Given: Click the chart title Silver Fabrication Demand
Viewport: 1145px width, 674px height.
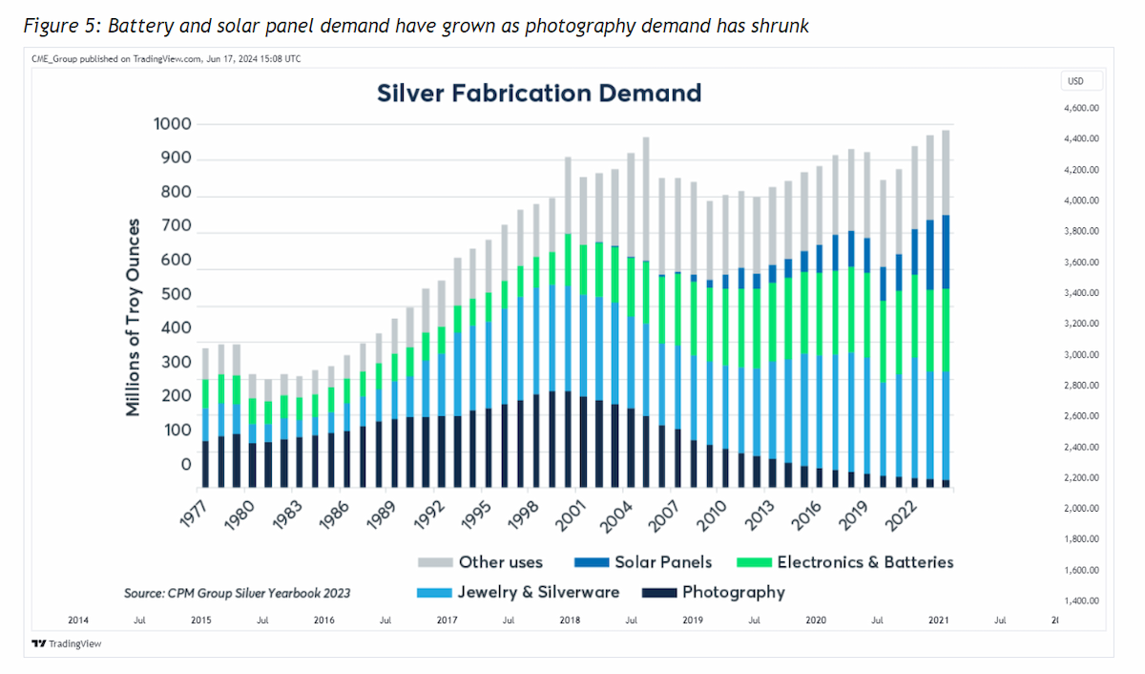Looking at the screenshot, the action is pyautogui.click(x=539, y=93).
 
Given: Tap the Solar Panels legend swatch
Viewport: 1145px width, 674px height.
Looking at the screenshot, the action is pyautogui.click(x=592, y=562).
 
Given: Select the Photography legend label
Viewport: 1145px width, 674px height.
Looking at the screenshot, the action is pyautogui.click(x=734, y=592).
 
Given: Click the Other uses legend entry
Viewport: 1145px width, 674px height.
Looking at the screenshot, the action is pyautogui.click(x=480, y=562).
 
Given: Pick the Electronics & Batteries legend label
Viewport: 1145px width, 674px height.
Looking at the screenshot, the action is pyautogui.click(x=865, y=562).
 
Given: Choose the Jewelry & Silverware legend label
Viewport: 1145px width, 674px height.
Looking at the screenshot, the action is pyautogui.click(x=538, y=592).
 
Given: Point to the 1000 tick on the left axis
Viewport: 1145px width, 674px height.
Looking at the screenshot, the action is pyautogui.click(x=173, y=124).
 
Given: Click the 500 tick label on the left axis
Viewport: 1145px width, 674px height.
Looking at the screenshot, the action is pyautogui.click(x=176, y=294).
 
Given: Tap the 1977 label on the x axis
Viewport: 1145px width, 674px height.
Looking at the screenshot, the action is pyautogui.click(x=195, y=514).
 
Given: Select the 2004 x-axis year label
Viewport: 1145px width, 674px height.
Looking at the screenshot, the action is pyautogui.click(x=616, y=517).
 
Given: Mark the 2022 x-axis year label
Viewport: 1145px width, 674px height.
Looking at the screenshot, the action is pyautogui.click(x=901, y=516).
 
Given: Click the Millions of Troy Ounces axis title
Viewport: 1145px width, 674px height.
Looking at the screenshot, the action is pyautogui.click(x=133, y=318).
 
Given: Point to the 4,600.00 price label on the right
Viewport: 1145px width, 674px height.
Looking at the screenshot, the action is pyautogui.click(x=1081, y=108).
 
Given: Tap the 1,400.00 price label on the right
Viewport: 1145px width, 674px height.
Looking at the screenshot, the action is pyautogui.click(x=1081, y=600).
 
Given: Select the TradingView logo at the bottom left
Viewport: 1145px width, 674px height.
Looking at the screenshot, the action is pyautogui.click(x=67, y=643).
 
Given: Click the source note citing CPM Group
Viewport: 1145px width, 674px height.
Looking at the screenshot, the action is pyautogui.click(x=238, y=593).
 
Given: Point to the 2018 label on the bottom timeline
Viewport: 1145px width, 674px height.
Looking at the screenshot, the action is pyautogui.click(x=570, y=620).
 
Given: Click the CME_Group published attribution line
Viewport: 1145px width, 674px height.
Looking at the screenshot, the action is pyautogui.click(x=166, y=59).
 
